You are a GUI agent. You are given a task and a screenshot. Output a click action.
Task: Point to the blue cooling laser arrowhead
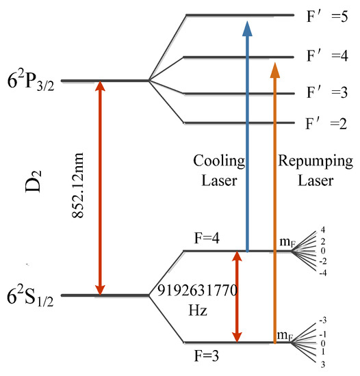point(246,27)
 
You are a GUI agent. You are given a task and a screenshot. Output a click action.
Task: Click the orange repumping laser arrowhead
point(274,69)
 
